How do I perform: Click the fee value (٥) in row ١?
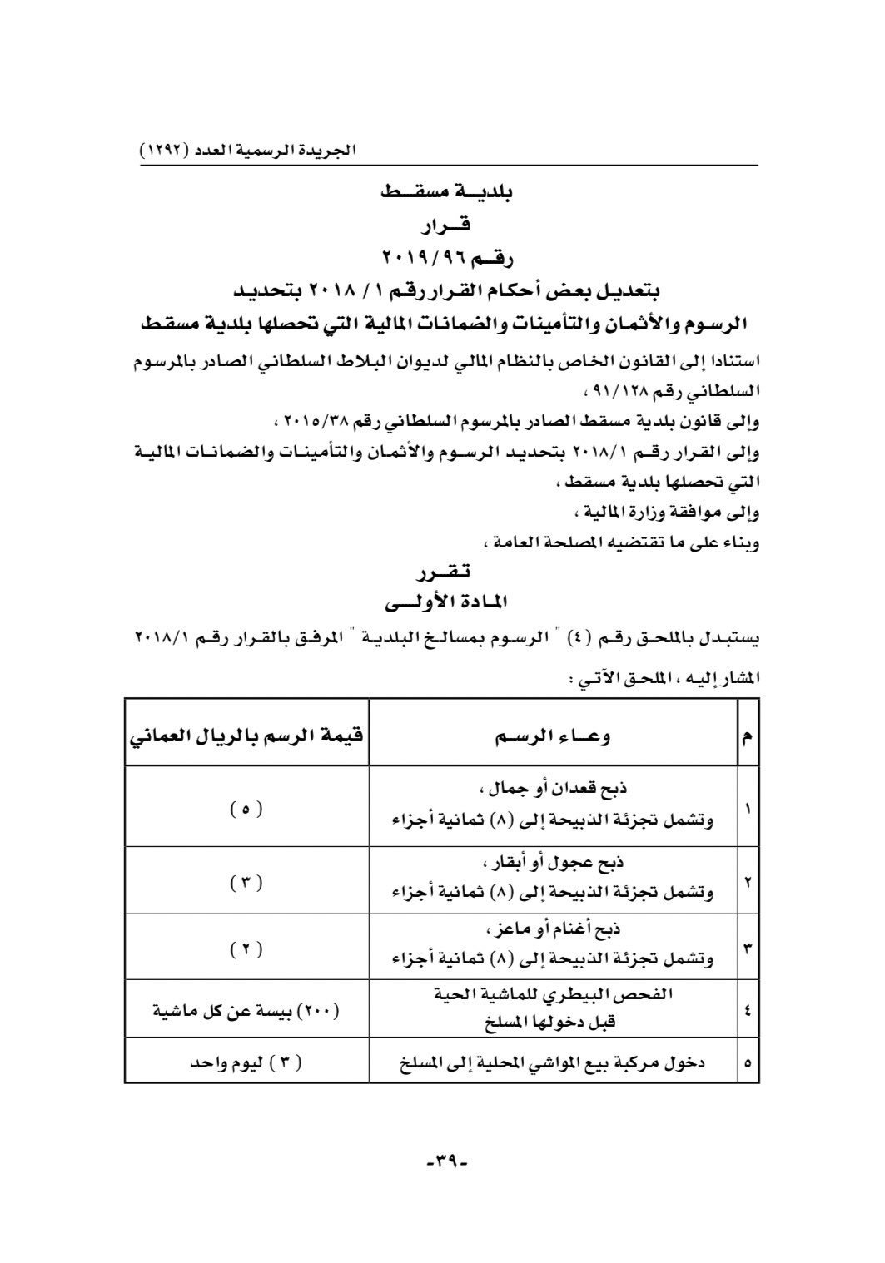[x=246, y=808]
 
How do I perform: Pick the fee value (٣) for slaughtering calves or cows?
[x=246, y=881]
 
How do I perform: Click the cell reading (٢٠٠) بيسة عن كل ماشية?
[x=246, y=1012]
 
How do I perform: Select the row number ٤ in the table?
[x=747, y=1012]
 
